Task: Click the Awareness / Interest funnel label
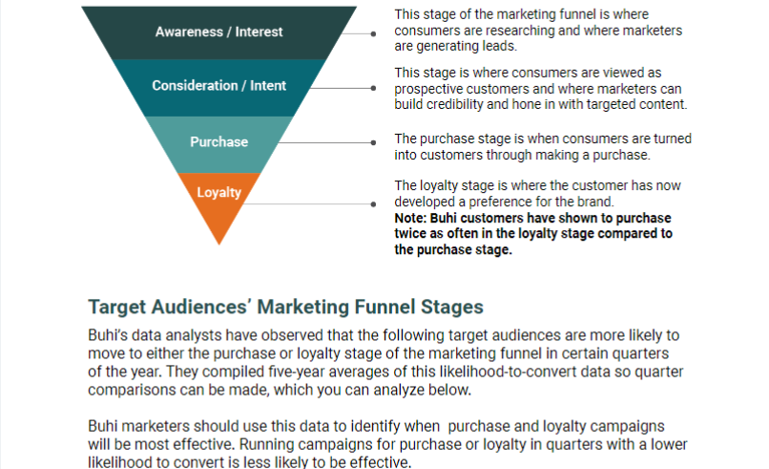pos(218,32)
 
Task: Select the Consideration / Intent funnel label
pos(218,85)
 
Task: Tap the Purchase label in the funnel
pos(218,142)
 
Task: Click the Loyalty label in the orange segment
pos(218,192)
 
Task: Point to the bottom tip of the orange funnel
pos(219,245)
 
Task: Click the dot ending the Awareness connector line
pos(374,33)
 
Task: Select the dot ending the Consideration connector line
pos(374,88)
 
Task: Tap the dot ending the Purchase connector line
pos(374,142)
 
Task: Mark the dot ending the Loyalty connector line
pos(374,203)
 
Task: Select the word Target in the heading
pos(117,308)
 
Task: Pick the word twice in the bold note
pos(410,233)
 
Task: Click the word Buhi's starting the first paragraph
pos(108,335)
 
